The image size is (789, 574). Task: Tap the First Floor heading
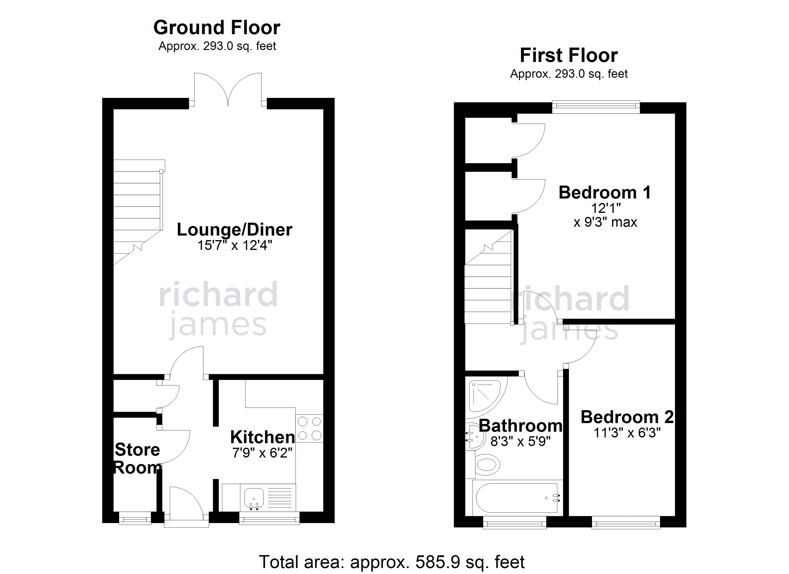pyautogui.click(x=569, y=55)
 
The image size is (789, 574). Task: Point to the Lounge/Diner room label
pyautogui.click(x=235, y=230)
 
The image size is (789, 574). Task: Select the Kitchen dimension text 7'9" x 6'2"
pyautogui.click(x=262, y=453)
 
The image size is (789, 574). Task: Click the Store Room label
pyautogui.click(x=138, y=459)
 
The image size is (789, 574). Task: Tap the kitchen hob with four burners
pyautogui.click(x=309, y=429)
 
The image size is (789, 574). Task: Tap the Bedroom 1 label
pyautogui.click(x=605, y=193)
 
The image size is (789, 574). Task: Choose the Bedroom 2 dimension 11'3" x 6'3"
pyautogui.click(x=627, y=433)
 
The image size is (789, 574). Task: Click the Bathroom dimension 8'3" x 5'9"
pyautogui.click(x=521, y=441)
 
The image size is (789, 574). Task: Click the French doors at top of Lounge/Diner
pyautogui.click(x=228, y=89)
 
